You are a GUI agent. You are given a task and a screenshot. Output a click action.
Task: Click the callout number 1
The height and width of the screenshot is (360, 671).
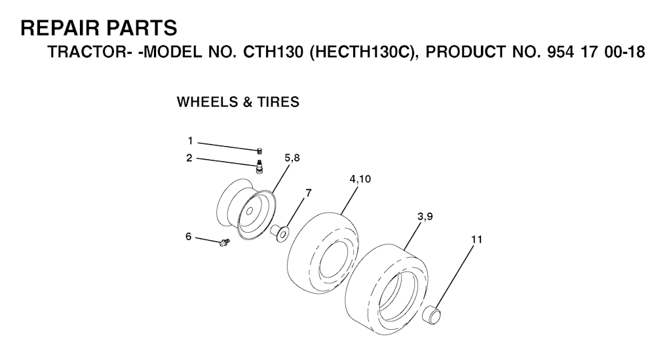(191, 140)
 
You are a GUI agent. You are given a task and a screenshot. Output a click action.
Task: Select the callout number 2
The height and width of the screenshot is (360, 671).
(189, 157)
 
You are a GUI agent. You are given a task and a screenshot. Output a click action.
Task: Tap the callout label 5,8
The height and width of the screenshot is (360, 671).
(292, 157)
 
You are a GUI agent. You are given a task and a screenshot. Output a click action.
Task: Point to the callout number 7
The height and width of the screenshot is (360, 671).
(309, 193)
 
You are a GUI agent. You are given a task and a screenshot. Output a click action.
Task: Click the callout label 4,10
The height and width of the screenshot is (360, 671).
(360, 178)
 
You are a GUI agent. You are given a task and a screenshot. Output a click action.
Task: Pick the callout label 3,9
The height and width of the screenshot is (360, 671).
(424, 216)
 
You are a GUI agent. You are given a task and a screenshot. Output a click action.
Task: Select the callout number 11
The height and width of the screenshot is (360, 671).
(476, 239)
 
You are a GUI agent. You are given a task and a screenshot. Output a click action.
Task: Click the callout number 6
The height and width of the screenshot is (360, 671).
(188, 236)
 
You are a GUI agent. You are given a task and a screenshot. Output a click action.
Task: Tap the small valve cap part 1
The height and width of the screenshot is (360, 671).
(259, 151)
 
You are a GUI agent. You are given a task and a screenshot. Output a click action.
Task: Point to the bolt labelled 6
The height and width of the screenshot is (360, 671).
(225, 243)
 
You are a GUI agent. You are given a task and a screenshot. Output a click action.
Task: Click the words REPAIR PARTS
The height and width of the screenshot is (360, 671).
(99, 28)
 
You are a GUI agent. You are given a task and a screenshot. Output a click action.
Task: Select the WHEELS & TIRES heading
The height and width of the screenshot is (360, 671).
(238, 102)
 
